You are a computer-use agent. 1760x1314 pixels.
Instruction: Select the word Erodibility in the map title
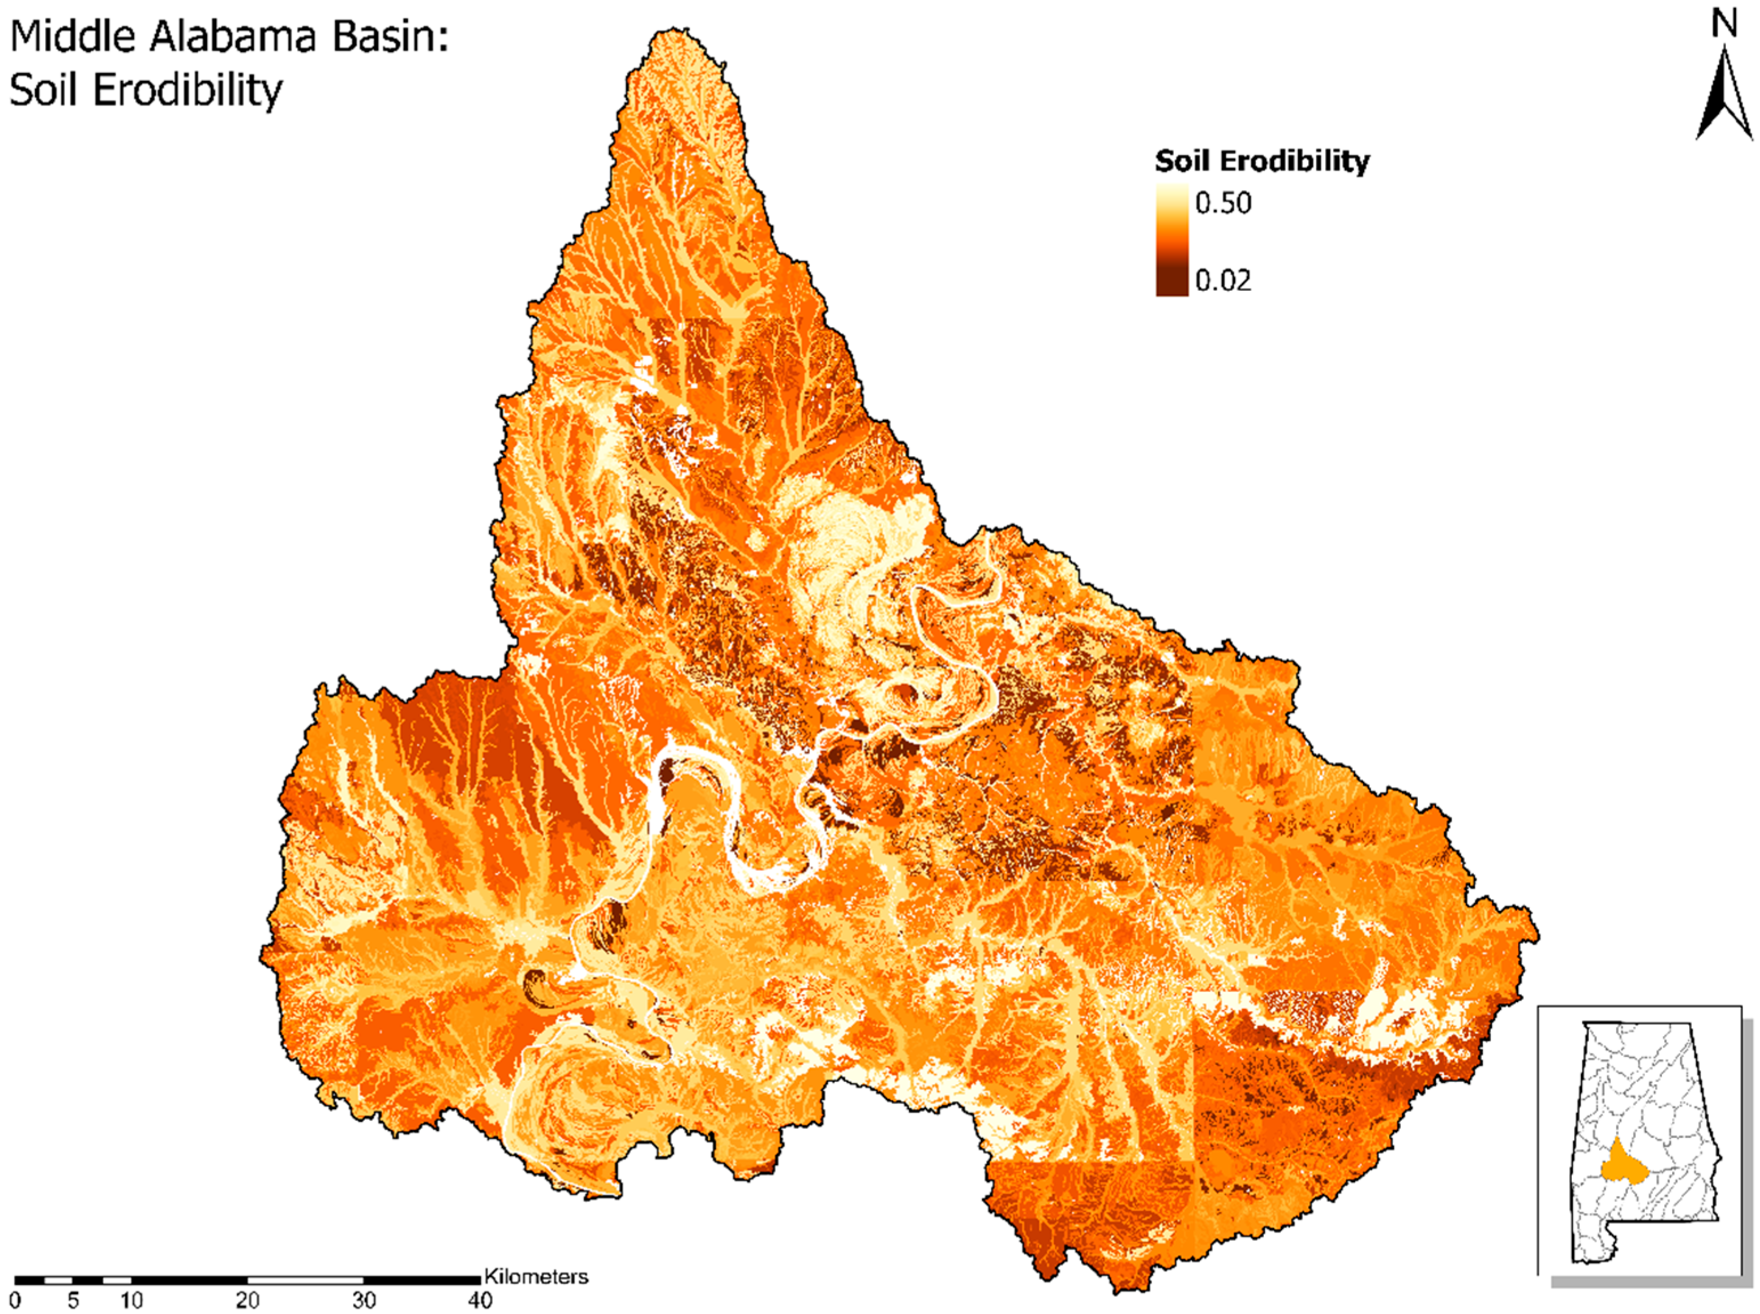pos(188,91)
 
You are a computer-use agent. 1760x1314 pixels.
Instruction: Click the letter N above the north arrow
pos(1724,26)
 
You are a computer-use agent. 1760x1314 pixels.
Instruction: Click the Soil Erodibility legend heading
pos(1262,161)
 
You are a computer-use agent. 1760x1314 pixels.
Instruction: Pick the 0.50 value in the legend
pos(1223,204)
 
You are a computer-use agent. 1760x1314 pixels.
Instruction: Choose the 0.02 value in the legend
pos(1223,280)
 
